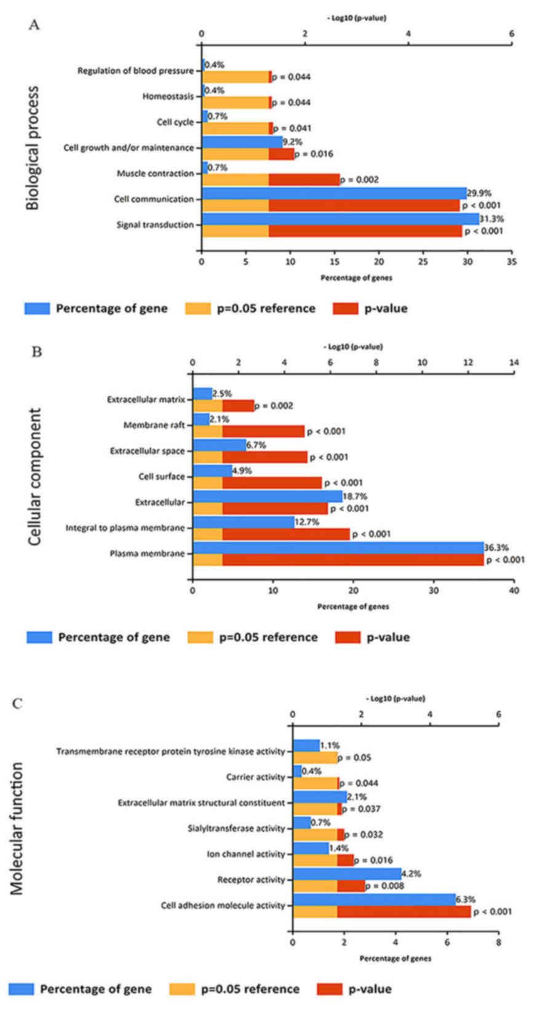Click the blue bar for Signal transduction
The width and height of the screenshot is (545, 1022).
[340, 219]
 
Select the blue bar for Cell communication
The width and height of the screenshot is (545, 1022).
[334, 193]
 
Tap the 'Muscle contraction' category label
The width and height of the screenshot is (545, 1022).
[155, 174]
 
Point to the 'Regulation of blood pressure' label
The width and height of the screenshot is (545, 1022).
[135, 71]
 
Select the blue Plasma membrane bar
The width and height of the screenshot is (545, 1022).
[338, 548]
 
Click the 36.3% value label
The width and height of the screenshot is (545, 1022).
[496, 547]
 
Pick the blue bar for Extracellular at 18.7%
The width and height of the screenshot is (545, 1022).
[267, 496]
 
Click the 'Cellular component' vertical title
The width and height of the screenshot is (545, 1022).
[35, 476]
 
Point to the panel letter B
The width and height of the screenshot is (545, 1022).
[36, 352]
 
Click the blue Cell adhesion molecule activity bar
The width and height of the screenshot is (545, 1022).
[374, 899]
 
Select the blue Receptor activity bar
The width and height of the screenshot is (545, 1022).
[347, 873]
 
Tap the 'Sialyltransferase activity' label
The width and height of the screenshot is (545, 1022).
[236, 828]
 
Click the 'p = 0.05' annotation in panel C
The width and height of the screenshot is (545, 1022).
[354, 757]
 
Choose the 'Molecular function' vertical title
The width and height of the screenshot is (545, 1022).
[17, 828]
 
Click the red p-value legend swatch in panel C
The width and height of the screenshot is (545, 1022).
[329, 989]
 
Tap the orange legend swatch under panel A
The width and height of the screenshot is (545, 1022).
[198, 308]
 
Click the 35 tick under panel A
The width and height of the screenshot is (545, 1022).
[512, 261]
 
